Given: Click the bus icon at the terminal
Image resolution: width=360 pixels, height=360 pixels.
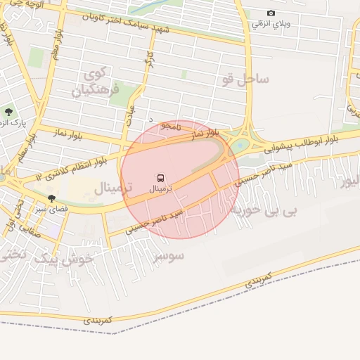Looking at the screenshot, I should tap(161, 178).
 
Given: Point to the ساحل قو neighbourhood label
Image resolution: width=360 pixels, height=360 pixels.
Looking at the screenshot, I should tap(245, 79).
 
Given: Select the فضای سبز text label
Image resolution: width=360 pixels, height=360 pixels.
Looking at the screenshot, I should tap(52, 209).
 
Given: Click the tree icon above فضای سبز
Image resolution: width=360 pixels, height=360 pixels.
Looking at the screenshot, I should tap(51, 198).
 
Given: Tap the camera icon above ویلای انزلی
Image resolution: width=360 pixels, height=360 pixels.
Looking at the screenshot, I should tap(271, 13).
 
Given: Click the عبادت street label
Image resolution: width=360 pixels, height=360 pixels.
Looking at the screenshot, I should tap(129, 112).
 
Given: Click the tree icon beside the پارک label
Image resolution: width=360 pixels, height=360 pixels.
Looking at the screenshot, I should tap(8, 111).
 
